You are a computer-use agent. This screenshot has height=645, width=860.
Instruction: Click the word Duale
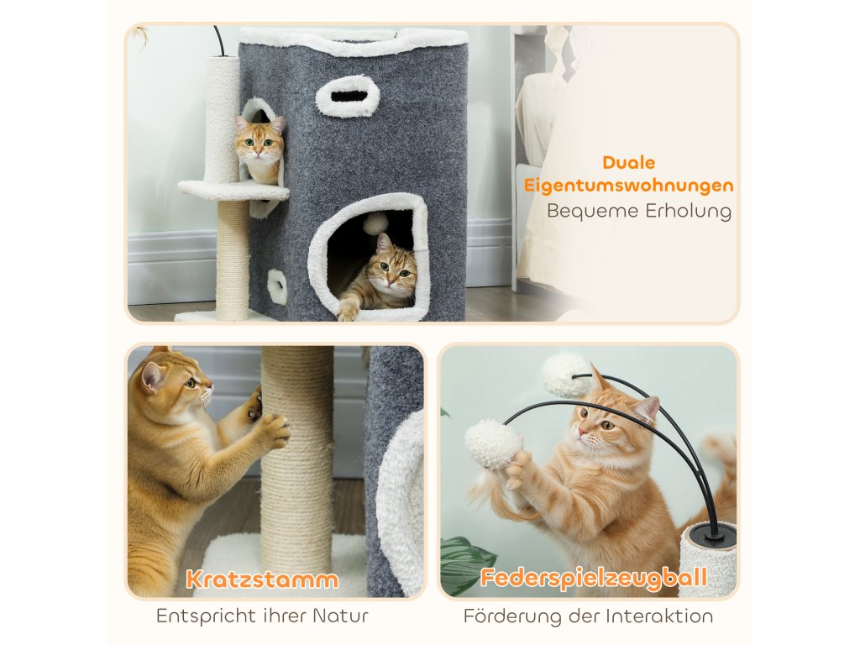628,162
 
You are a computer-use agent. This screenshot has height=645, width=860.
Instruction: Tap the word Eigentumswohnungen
628,186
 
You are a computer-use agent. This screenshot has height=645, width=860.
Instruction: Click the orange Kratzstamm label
262,579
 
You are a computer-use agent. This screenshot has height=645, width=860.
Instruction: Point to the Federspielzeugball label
594,578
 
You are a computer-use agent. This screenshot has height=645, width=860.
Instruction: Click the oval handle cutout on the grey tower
349,96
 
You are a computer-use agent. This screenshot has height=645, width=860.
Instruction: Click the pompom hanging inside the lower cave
374,223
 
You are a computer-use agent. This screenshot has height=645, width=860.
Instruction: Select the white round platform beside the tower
233,191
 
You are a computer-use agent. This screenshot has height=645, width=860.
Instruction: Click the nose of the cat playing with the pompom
582,433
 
